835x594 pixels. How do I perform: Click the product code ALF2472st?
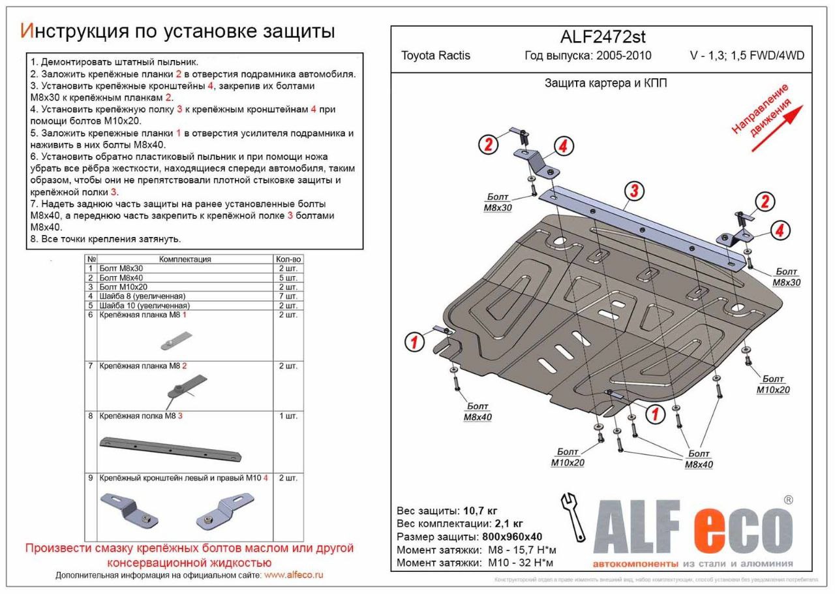click(x=602, y=37)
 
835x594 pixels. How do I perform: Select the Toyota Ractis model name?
click(x=435, y=55)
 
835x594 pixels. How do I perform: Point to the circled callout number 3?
click(x=633, y=191)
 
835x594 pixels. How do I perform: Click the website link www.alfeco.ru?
click(x=294, y=575)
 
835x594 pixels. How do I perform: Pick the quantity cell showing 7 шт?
click(x=288, y=296)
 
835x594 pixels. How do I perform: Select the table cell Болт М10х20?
click(x=123, y=287)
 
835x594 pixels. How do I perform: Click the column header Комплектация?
click(x=185, y=259)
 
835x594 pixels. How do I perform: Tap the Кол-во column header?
click(x=288, y=259)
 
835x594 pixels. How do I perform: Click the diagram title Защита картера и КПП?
click(x=605, y=84)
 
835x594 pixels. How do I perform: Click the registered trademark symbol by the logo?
click(x=787, y=500)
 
